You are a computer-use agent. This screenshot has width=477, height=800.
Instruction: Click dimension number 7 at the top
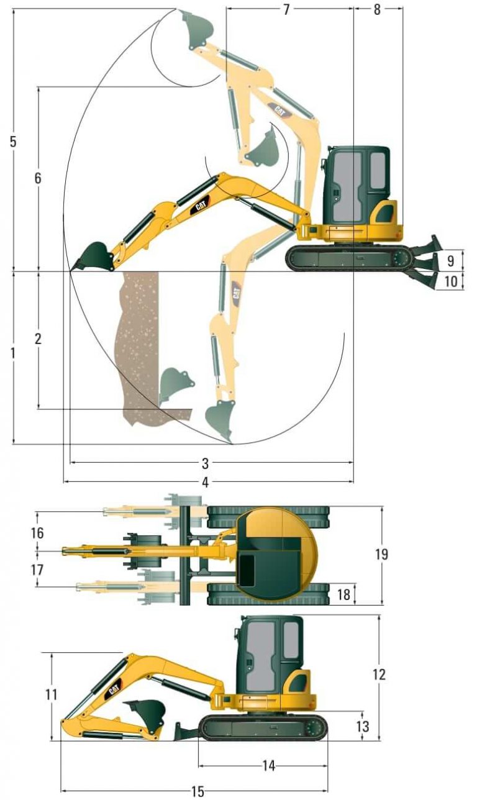coord(286,9)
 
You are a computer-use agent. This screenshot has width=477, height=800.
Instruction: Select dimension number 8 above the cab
coord(378,9)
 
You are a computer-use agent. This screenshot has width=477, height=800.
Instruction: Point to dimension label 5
coord(13,141)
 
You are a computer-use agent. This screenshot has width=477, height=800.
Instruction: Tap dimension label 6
coord(38,178)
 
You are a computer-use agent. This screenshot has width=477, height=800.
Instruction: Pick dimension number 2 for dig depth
coord(38,339)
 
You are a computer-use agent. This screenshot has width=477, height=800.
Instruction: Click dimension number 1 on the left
coord(13,352)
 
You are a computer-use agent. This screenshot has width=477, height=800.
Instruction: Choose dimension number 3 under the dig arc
coord(206,463)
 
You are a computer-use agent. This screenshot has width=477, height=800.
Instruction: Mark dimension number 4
coord(206,482)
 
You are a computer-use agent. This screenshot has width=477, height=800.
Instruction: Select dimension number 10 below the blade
coord(451,281)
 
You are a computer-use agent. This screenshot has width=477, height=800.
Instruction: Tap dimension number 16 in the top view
coord(38,533)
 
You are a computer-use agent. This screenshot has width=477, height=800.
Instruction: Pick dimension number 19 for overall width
coord(381,554)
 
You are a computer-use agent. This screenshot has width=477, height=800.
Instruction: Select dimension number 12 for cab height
coord(379,674)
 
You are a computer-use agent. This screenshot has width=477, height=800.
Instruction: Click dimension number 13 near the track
coord(363,725)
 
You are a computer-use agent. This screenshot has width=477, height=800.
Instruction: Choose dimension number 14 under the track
coord(268,766)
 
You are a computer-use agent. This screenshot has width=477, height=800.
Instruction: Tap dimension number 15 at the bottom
coord(198,792)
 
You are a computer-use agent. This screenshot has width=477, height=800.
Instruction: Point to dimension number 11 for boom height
coord(52,694)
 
